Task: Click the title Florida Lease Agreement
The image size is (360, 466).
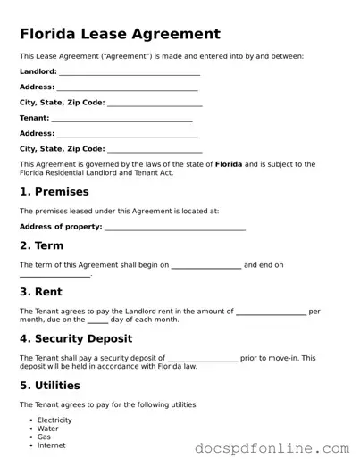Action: [x=120, y=35]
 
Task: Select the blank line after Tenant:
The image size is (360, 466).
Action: [x=122, y=119]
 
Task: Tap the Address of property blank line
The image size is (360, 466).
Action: [x=175, y=229]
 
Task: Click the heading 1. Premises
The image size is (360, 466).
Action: [x=54, y=192]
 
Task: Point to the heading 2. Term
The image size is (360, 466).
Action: [x=42, y=245]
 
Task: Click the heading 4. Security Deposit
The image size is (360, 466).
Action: [x=76, y=339]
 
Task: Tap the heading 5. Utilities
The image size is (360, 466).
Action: [x=50, y=386]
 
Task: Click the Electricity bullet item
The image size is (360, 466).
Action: [x=54, y=420]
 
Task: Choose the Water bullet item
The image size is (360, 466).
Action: [x=48, y=429]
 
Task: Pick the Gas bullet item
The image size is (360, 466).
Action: [x=45, y=437]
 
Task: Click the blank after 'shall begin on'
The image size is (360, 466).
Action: [x=205, y=266]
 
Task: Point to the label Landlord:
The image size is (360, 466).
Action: [x=38, y=71]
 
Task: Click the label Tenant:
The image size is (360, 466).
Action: [x=35, y=118]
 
